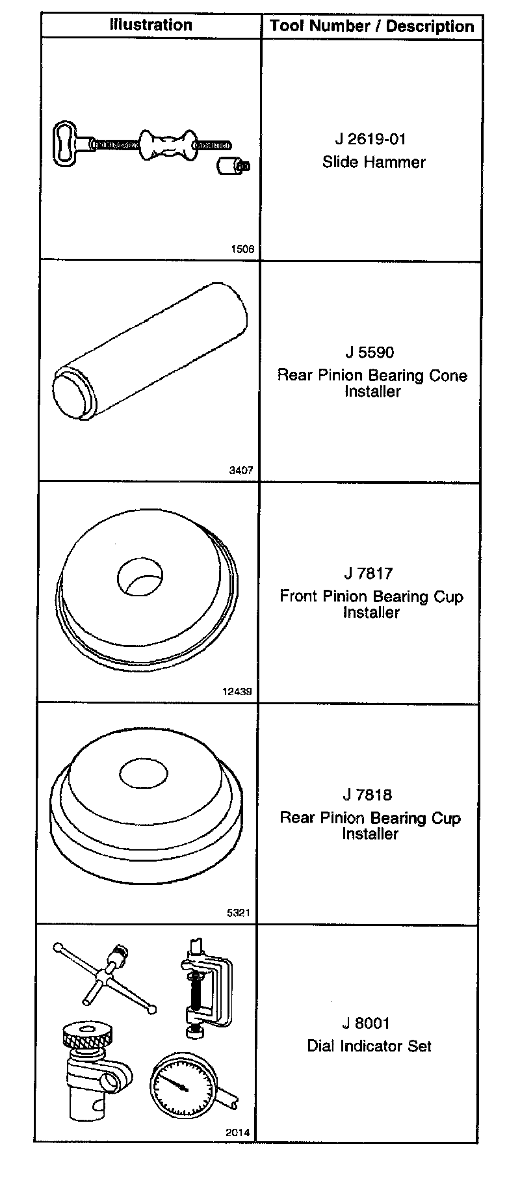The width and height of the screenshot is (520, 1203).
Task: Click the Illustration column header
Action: tap(151, 25)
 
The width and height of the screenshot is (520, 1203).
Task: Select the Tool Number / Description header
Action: tap(372, 27)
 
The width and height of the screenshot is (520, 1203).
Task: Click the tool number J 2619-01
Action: tap(371, 139)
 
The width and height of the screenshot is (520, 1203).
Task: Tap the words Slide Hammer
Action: tap(374, 162)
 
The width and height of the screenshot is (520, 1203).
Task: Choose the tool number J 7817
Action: tap(369, 574)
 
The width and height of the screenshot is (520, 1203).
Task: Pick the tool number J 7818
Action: tap(368, 795)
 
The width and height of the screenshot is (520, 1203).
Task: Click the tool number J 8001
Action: tap(367, 1023)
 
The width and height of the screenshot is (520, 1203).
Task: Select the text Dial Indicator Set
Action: tap(369, 1046)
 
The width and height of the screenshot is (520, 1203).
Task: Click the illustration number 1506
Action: tap(242, 249)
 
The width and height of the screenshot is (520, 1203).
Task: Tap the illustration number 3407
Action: tap(241, 470)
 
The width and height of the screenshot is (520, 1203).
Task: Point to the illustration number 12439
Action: tap(237, 691)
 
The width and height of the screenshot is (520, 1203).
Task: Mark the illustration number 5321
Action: tap(239, 912)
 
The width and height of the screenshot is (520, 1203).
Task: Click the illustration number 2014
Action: tap(238, 1132)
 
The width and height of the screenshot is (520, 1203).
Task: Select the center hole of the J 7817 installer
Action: tap(140, 575)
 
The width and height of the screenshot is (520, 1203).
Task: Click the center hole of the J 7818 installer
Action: tap(144, 773)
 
